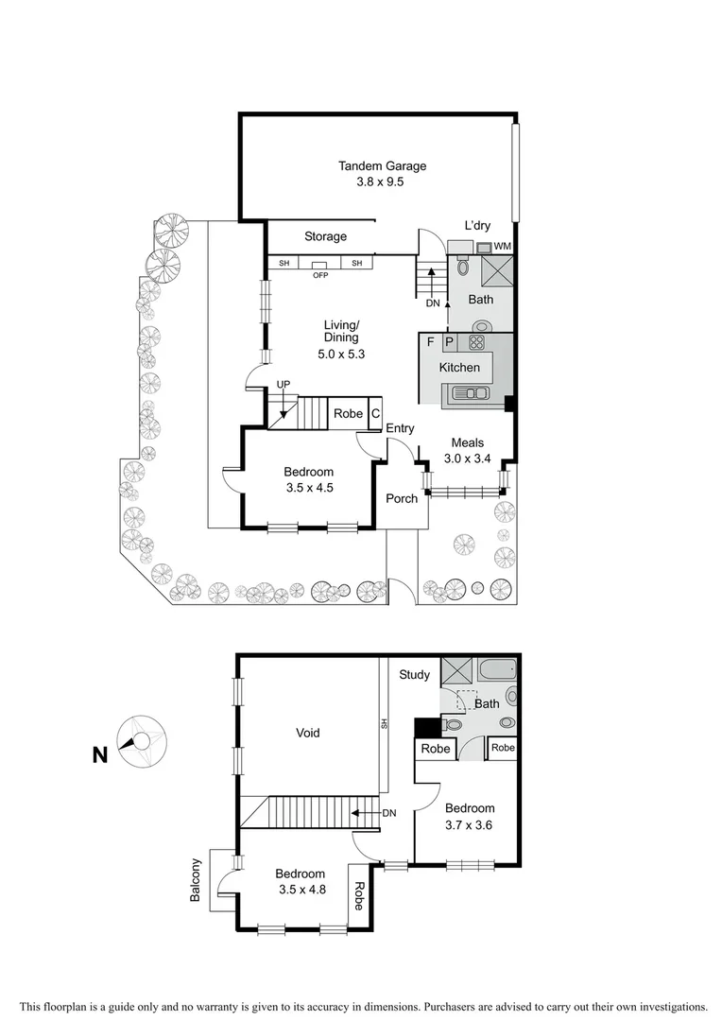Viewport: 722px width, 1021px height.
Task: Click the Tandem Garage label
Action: (382, 166)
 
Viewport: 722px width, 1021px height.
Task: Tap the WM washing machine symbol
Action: (502, 247)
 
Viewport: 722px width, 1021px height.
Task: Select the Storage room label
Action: (325, 236)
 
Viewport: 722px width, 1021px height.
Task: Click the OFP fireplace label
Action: (320, 276)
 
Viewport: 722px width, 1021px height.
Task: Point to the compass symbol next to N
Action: (142, 741)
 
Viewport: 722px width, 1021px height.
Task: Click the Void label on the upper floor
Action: (307, 733)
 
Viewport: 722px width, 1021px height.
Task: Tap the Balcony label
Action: (197, 880)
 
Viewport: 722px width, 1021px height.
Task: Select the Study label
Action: (414, 675)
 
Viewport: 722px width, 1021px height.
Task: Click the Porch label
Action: (402, 498)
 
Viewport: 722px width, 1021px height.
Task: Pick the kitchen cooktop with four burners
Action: (476, 342)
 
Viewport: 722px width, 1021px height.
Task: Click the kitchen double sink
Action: (470, 393)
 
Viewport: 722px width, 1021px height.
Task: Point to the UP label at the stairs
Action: (283, 385)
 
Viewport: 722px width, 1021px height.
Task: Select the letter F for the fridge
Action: (430, 342)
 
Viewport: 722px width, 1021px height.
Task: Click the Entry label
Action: (400, 428)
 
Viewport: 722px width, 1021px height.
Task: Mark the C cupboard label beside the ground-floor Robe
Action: (375, 413)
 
